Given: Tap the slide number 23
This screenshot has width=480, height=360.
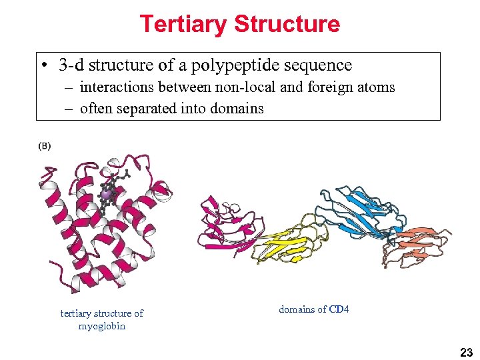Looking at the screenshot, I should [x=465, y=352].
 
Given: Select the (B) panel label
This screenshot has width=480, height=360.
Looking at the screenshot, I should [x=44, y=146].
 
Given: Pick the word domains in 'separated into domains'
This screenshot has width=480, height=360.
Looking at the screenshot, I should [x=238, y=109].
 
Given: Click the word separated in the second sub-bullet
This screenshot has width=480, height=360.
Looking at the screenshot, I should [x=144, y=109].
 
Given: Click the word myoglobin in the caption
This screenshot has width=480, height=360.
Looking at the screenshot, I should [x=101, y=326].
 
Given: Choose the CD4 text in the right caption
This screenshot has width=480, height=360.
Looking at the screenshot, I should [x=339, y=309].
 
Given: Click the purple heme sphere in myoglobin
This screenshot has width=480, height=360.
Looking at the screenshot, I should [x=106, y=193].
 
